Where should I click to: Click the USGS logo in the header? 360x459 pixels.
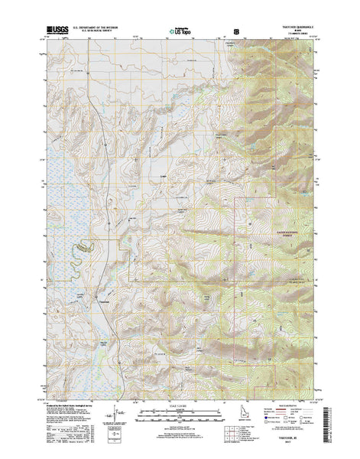58,31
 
